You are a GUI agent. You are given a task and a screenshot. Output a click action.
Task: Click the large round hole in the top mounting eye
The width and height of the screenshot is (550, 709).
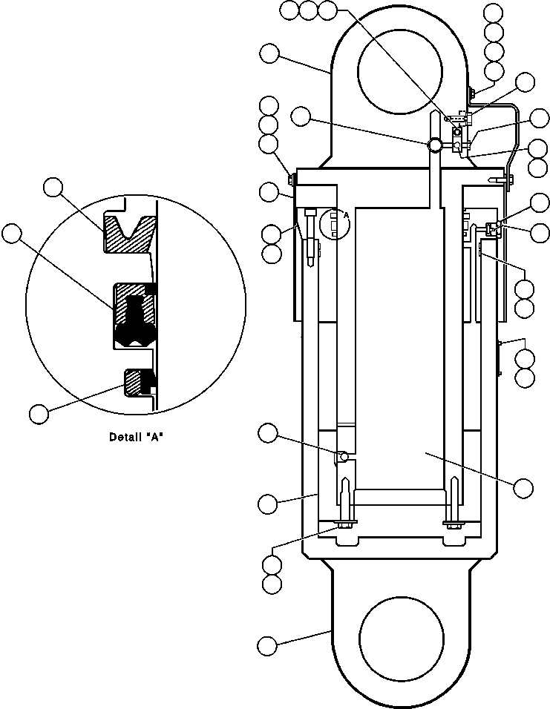click(401, 72)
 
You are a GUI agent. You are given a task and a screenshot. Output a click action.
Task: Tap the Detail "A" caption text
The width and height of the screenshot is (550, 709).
click(136, 437)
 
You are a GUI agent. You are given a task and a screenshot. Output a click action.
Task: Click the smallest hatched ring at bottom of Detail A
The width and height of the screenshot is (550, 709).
click(137, 382)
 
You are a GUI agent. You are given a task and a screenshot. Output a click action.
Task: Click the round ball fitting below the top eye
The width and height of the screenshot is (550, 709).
click(434, 146)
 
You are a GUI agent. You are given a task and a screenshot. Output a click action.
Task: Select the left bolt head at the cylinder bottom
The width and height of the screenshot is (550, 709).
click(344, 525)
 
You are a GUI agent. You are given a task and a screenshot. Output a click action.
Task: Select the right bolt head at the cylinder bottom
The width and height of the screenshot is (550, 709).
click(454, 525)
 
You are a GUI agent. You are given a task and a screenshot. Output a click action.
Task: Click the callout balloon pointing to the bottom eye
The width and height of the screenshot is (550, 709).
click(267, 644)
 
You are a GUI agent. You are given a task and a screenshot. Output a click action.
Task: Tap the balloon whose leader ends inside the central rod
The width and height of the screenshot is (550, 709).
click(523, 487)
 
